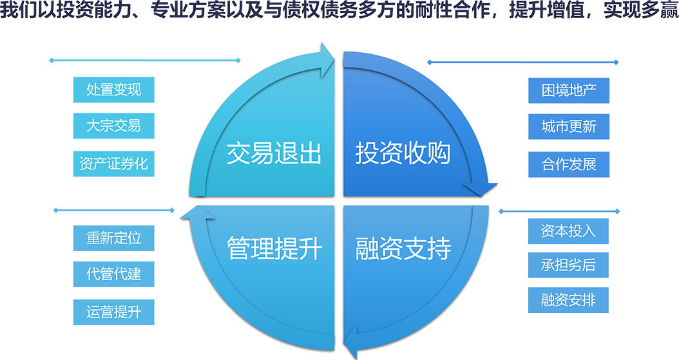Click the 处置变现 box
pos(114,90)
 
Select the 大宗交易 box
pos(114,126)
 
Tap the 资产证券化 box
pos(114,163)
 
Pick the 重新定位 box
pos(114,238)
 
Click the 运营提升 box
pos(114,312)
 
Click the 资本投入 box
pos(568,231)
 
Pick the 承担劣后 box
pos(568,265)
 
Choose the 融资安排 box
pos(568,300)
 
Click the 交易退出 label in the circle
pos(274,155)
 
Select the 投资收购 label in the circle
pos(403,155)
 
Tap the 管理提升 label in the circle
pos(274,249)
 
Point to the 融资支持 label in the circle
pos(403,249)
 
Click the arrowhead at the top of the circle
pos(327,57)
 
